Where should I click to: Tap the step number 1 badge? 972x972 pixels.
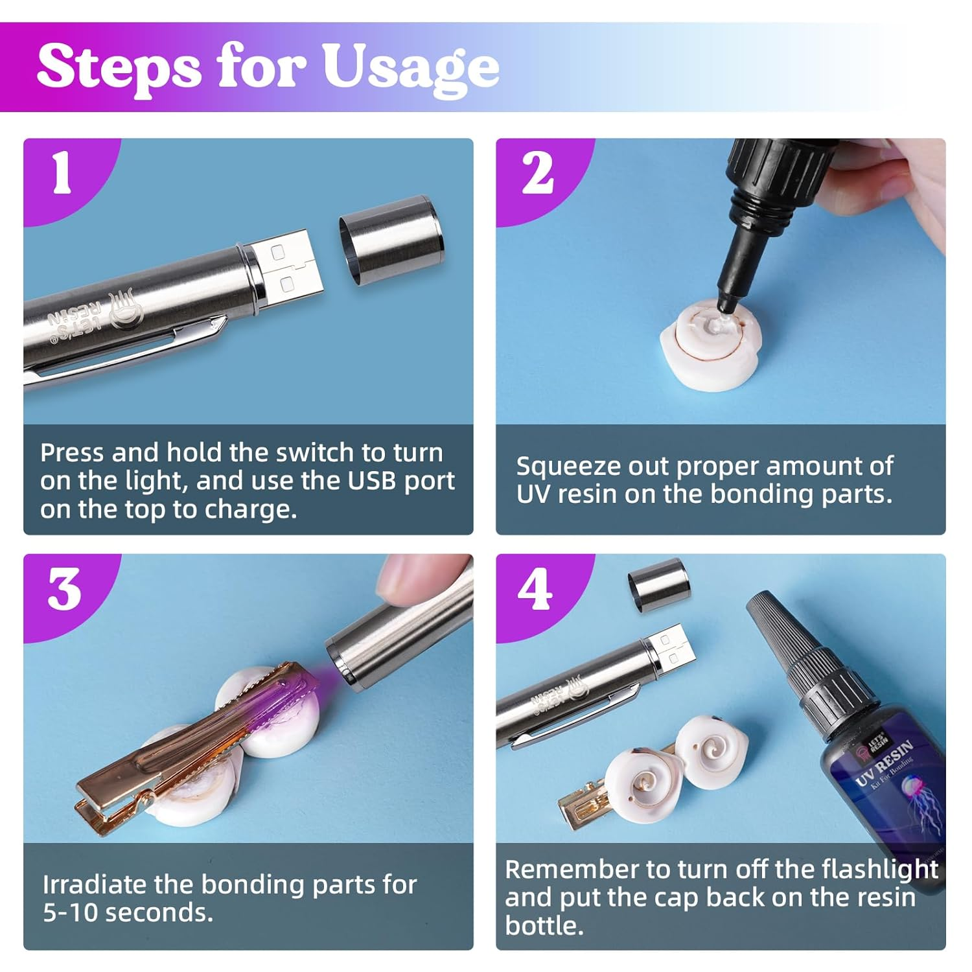(62, 174)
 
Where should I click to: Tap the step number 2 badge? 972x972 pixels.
(537, 174)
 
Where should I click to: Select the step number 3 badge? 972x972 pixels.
(64, 590)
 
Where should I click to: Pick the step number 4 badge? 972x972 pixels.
(535, 590)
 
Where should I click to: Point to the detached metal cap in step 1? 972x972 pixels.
(391, 240)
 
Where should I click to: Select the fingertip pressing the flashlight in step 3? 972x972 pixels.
(415, 577)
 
